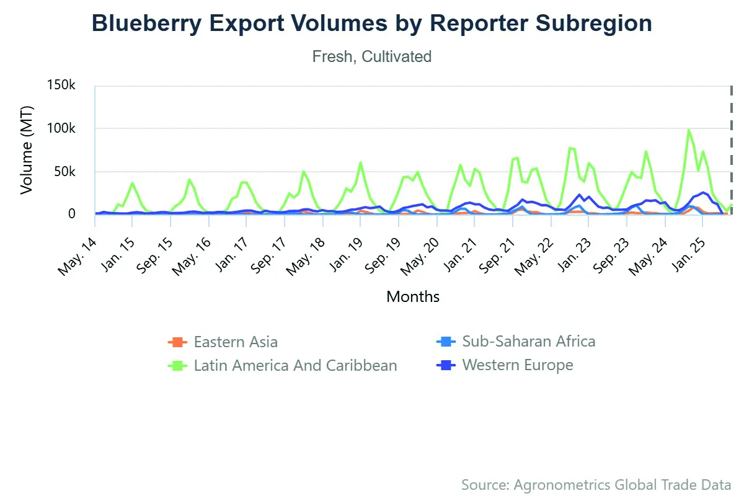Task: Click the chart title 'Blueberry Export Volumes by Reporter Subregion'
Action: coord(372,24)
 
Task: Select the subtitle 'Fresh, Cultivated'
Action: coord(372,56)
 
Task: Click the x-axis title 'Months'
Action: coord(413,296)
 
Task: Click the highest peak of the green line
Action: coord(689,130)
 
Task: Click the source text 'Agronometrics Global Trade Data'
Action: coord(596,484)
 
